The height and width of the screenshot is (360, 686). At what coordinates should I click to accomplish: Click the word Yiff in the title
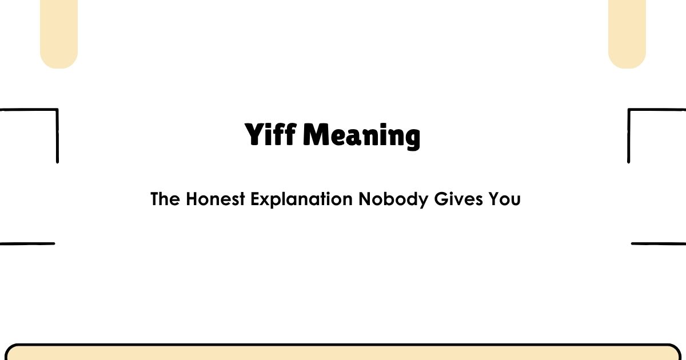(x=270, y=135)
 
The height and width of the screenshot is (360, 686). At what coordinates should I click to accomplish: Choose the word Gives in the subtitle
(x=457, y=199)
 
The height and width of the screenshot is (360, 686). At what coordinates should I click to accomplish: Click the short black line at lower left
(x=27, y=243)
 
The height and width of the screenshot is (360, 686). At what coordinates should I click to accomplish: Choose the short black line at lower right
(x=659, y=243)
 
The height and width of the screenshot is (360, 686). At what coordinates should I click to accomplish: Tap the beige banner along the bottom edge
(x=343, y=353)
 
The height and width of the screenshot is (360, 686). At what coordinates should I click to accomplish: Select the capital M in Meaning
(x=315, y=135)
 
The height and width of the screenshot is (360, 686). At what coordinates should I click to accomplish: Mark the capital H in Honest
(x=192, y=199)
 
